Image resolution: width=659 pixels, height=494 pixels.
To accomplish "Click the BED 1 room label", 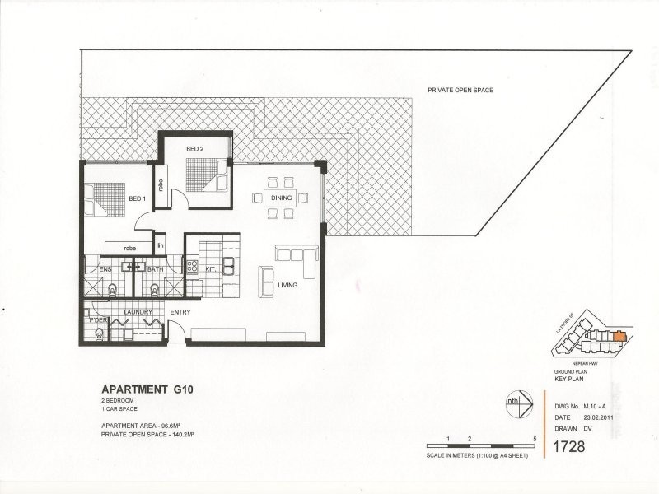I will point(137,198).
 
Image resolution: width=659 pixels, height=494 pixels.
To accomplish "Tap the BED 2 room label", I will point(194,148).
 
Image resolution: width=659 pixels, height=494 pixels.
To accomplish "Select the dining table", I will point(279,198).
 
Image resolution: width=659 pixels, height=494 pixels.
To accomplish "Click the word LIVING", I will point(287,285).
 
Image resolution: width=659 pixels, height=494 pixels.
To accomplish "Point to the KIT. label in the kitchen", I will point(211,268).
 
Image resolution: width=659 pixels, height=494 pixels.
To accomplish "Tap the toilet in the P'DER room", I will point(100,333).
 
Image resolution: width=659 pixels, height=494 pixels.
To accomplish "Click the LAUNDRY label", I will point(137,312).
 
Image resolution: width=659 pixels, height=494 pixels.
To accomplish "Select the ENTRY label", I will point(180,313).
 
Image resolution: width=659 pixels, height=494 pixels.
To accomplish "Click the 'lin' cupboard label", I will point(161,245).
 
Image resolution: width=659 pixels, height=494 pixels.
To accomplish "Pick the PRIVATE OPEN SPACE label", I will point(460,90).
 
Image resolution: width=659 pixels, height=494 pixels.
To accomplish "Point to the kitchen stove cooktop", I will point(192,266).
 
